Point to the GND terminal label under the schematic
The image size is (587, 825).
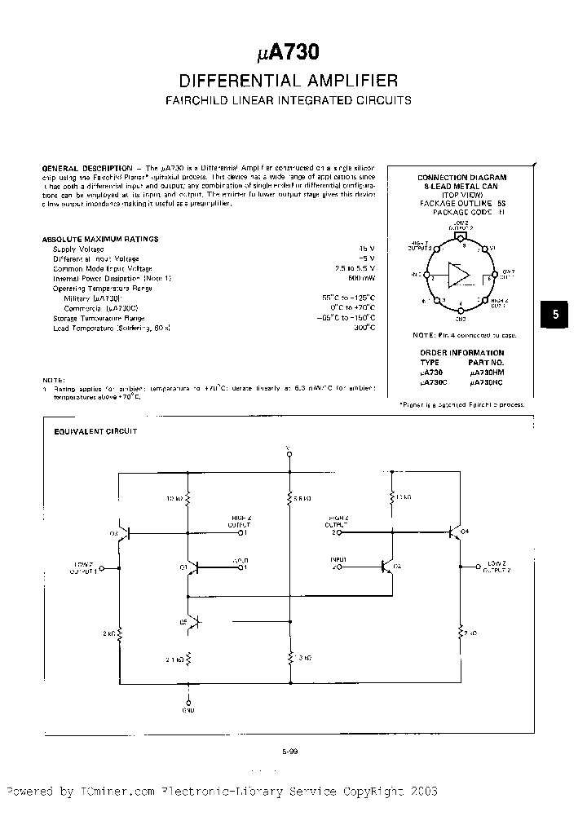[189, 708]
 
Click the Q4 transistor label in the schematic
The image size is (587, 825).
[465, 532]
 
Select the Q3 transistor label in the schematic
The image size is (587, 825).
[113, 534]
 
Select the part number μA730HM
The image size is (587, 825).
[488, 371]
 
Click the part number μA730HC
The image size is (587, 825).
[488, 381]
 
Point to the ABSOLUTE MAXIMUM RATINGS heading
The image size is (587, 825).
[100, 239]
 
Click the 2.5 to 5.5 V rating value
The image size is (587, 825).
[355, 268]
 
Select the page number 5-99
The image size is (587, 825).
[289, 752]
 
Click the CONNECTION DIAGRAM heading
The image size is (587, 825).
[461, 177]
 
